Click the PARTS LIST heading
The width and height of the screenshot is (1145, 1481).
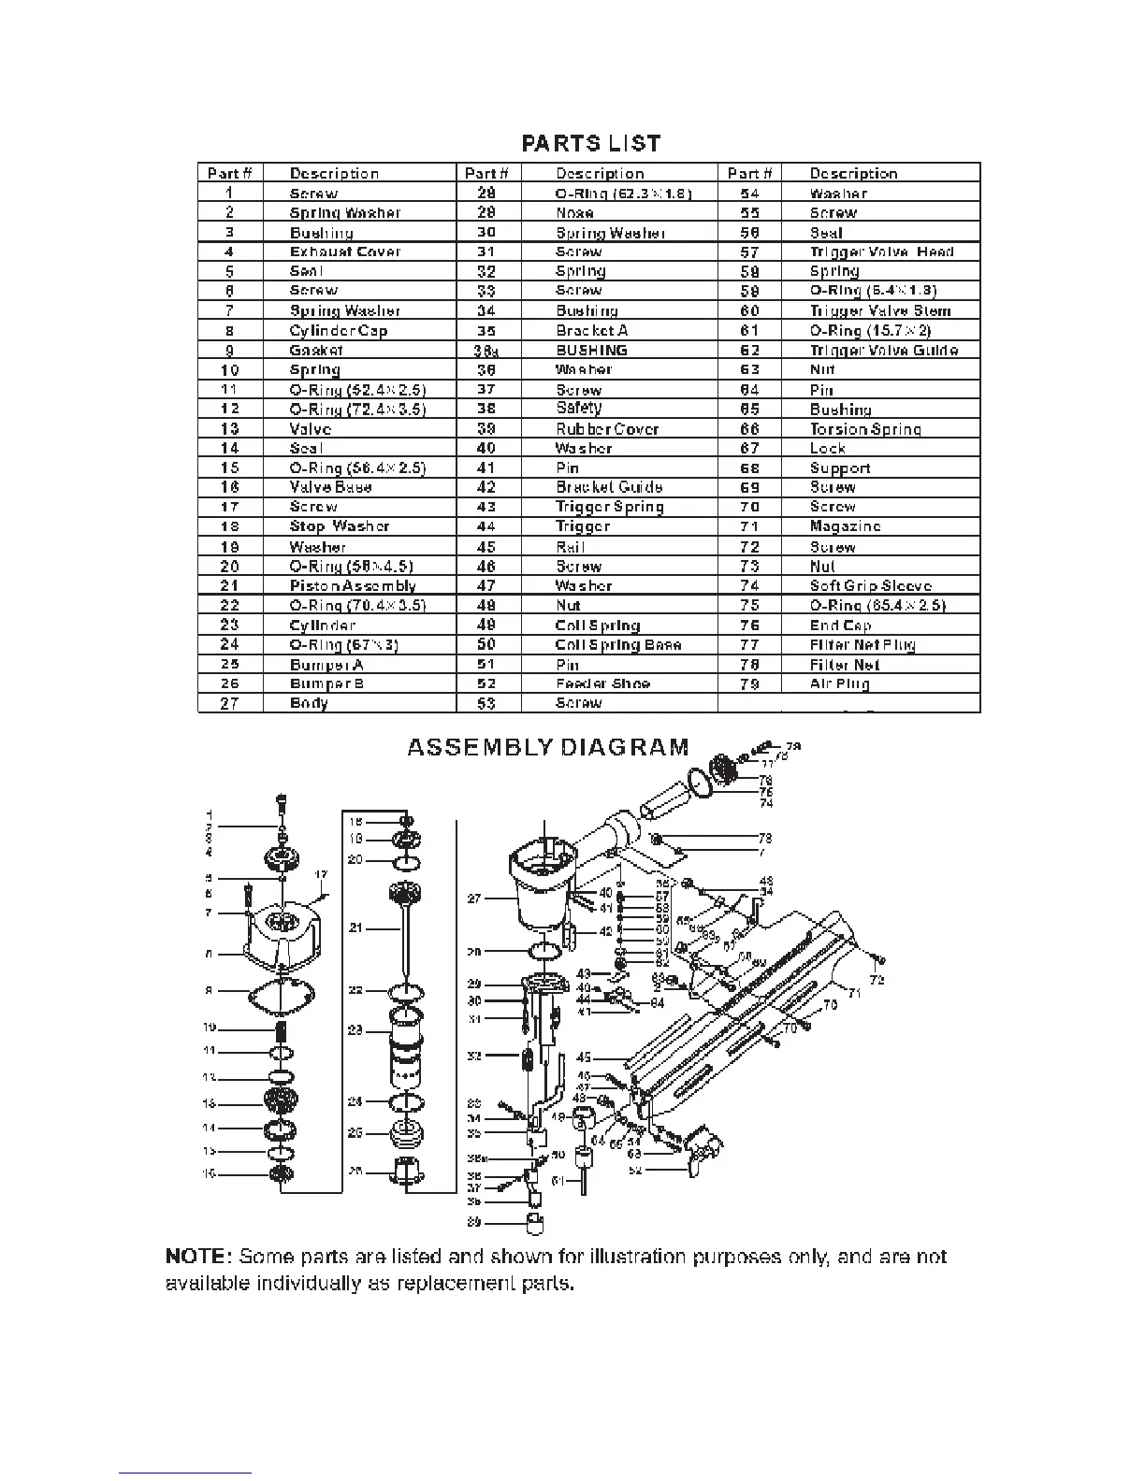click(591, 143)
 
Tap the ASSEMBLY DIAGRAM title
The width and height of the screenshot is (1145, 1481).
click(548, 747)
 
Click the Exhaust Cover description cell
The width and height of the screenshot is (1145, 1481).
click(345, 252)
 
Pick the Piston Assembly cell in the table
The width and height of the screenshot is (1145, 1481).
click(353, 586)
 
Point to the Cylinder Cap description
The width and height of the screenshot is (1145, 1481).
click(339, 331)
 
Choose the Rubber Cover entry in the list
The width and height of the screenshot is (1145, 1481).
click(607, 429)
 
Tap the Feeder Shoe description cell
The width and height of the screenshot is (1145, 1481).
click(602, 683)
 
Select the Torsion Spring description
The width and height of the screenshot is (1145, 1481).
click(865, 429)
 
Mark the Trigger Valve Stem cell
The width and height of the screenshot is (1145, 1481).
click(879, 311)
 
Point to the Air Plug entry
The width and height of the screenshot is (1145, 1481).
click(839, 683)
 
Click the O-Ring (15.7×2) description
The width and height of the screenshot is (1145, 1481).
click(870, 331)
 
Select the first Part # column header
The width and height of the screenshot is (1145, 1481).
click(230, 174)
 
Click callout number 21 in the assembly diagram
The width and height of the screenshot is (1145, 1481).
click(355, 928)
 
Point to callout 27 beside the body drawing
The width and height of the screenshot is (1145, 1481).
click(474, 899)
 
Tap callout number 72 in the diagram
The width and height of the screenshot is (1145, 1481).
click(877, 980)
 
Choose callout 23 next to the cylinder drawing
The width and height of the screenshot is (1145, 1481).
click(355, 1030)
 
